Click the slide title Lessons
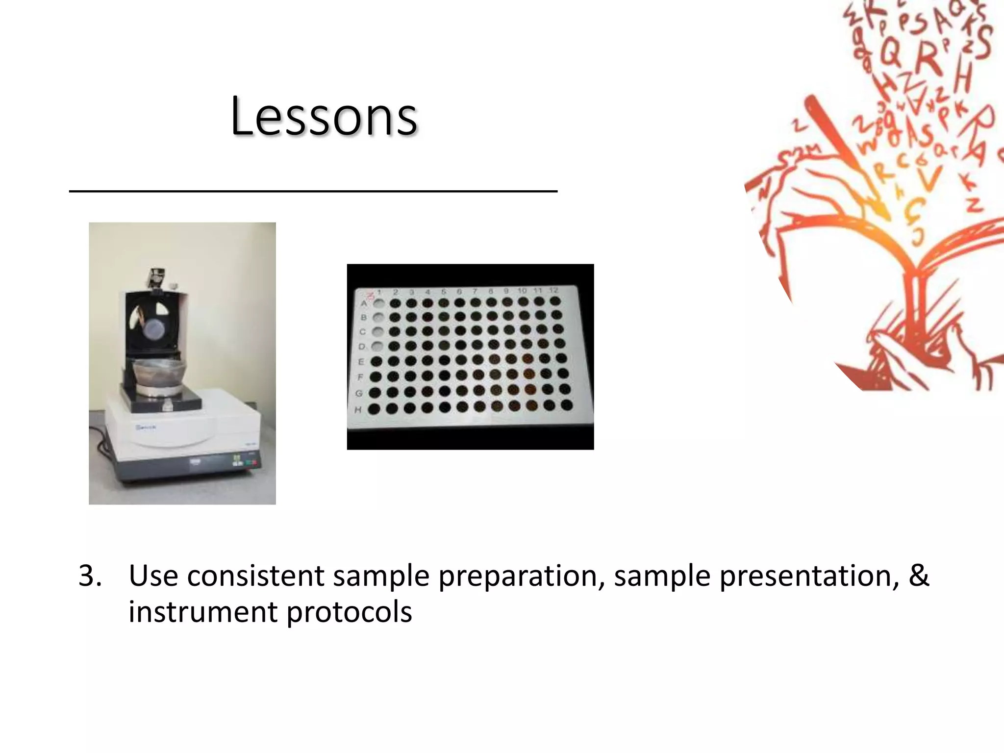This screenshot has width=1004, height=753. point(324,117)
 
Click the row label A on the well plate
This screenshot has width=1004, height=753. point(364,303)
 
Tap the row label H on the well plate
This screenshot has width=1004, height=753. point(358,409)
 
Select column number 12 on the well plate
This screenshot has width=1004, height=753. point(553,290)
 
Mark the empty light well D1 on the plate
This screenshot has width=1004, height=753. point(377,347)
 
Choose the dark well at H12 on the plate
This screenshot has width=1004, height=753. point(567,405)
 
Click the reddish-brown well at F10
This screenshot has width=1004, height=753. point(529,374)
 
